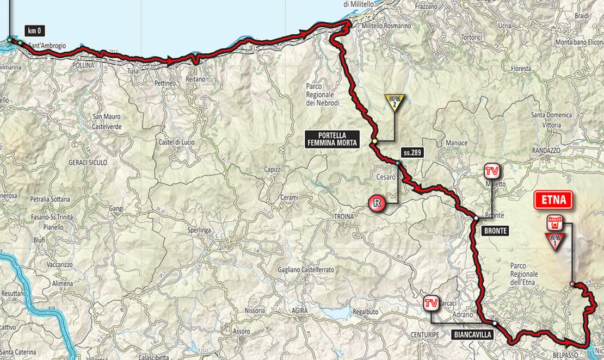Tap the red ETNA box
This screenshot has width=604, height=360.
[x=553, y=200]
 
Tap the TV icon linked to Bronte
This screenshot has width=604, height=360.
[x=491, y=172]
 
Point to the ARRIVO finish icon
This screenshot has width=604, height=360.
[x=554, y=221]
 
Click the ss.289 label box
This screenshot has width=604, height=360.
[x=411, y=153]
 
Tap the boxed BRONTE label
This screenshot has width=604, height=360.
[x=495, y=231]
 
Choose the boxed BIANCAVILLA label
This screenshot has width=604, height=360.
[x=472, y=335]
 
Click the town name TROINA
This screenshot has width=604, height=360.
[x=343, y=216]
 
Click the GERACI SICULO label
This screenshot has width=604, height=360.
[x=88, y=162]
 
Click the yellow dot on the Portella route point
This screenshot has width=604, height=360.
[x=374, y=141]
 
